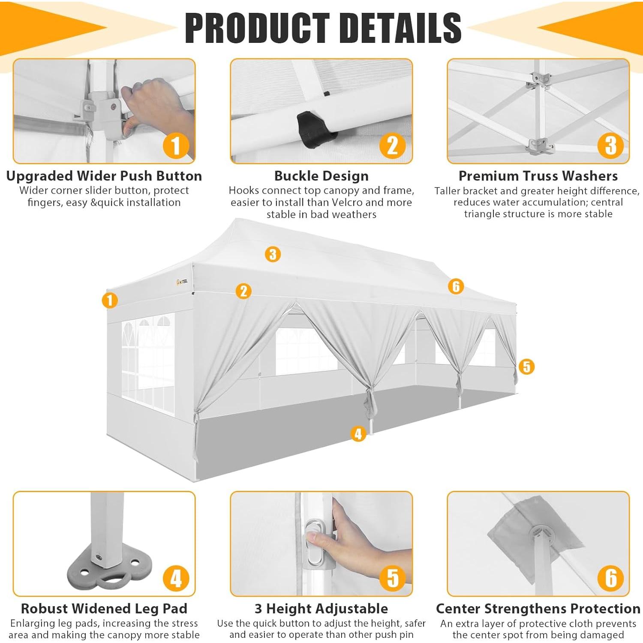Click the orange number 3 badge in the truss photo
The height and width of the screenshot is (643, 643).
(610, 145)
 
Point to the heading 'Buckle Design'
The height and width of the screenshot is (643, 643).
(321, 176)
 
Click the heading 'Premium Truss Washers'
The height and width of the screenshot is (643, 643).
(538, 176)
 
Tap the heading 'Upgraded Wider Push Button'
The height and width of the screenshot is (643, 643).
(104, 176)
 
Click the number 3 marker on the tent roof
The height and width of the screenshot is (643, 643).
(273, 254)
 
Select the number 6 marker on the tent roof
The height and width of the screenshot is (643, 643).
(456, 286)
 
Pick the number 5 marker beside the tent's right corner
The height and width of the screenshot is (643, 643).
(526, 367)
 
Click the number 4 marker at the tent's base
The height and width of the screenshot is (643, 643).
(358, 434)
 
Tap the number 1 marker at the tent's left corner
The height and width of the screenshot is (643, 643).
(110, 300)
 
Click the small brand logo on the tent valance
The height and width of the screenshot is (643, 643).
(182, 282)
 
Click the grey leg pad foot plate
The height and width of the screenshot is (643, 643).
(109, 570)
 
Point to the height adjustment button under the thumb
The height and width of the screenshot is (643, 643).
(314, 542)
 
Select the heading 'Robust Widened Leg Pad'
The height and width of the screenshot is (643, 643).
(104, 609)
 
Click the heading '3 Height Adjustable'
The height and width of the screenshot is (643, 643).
(321, 609)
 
